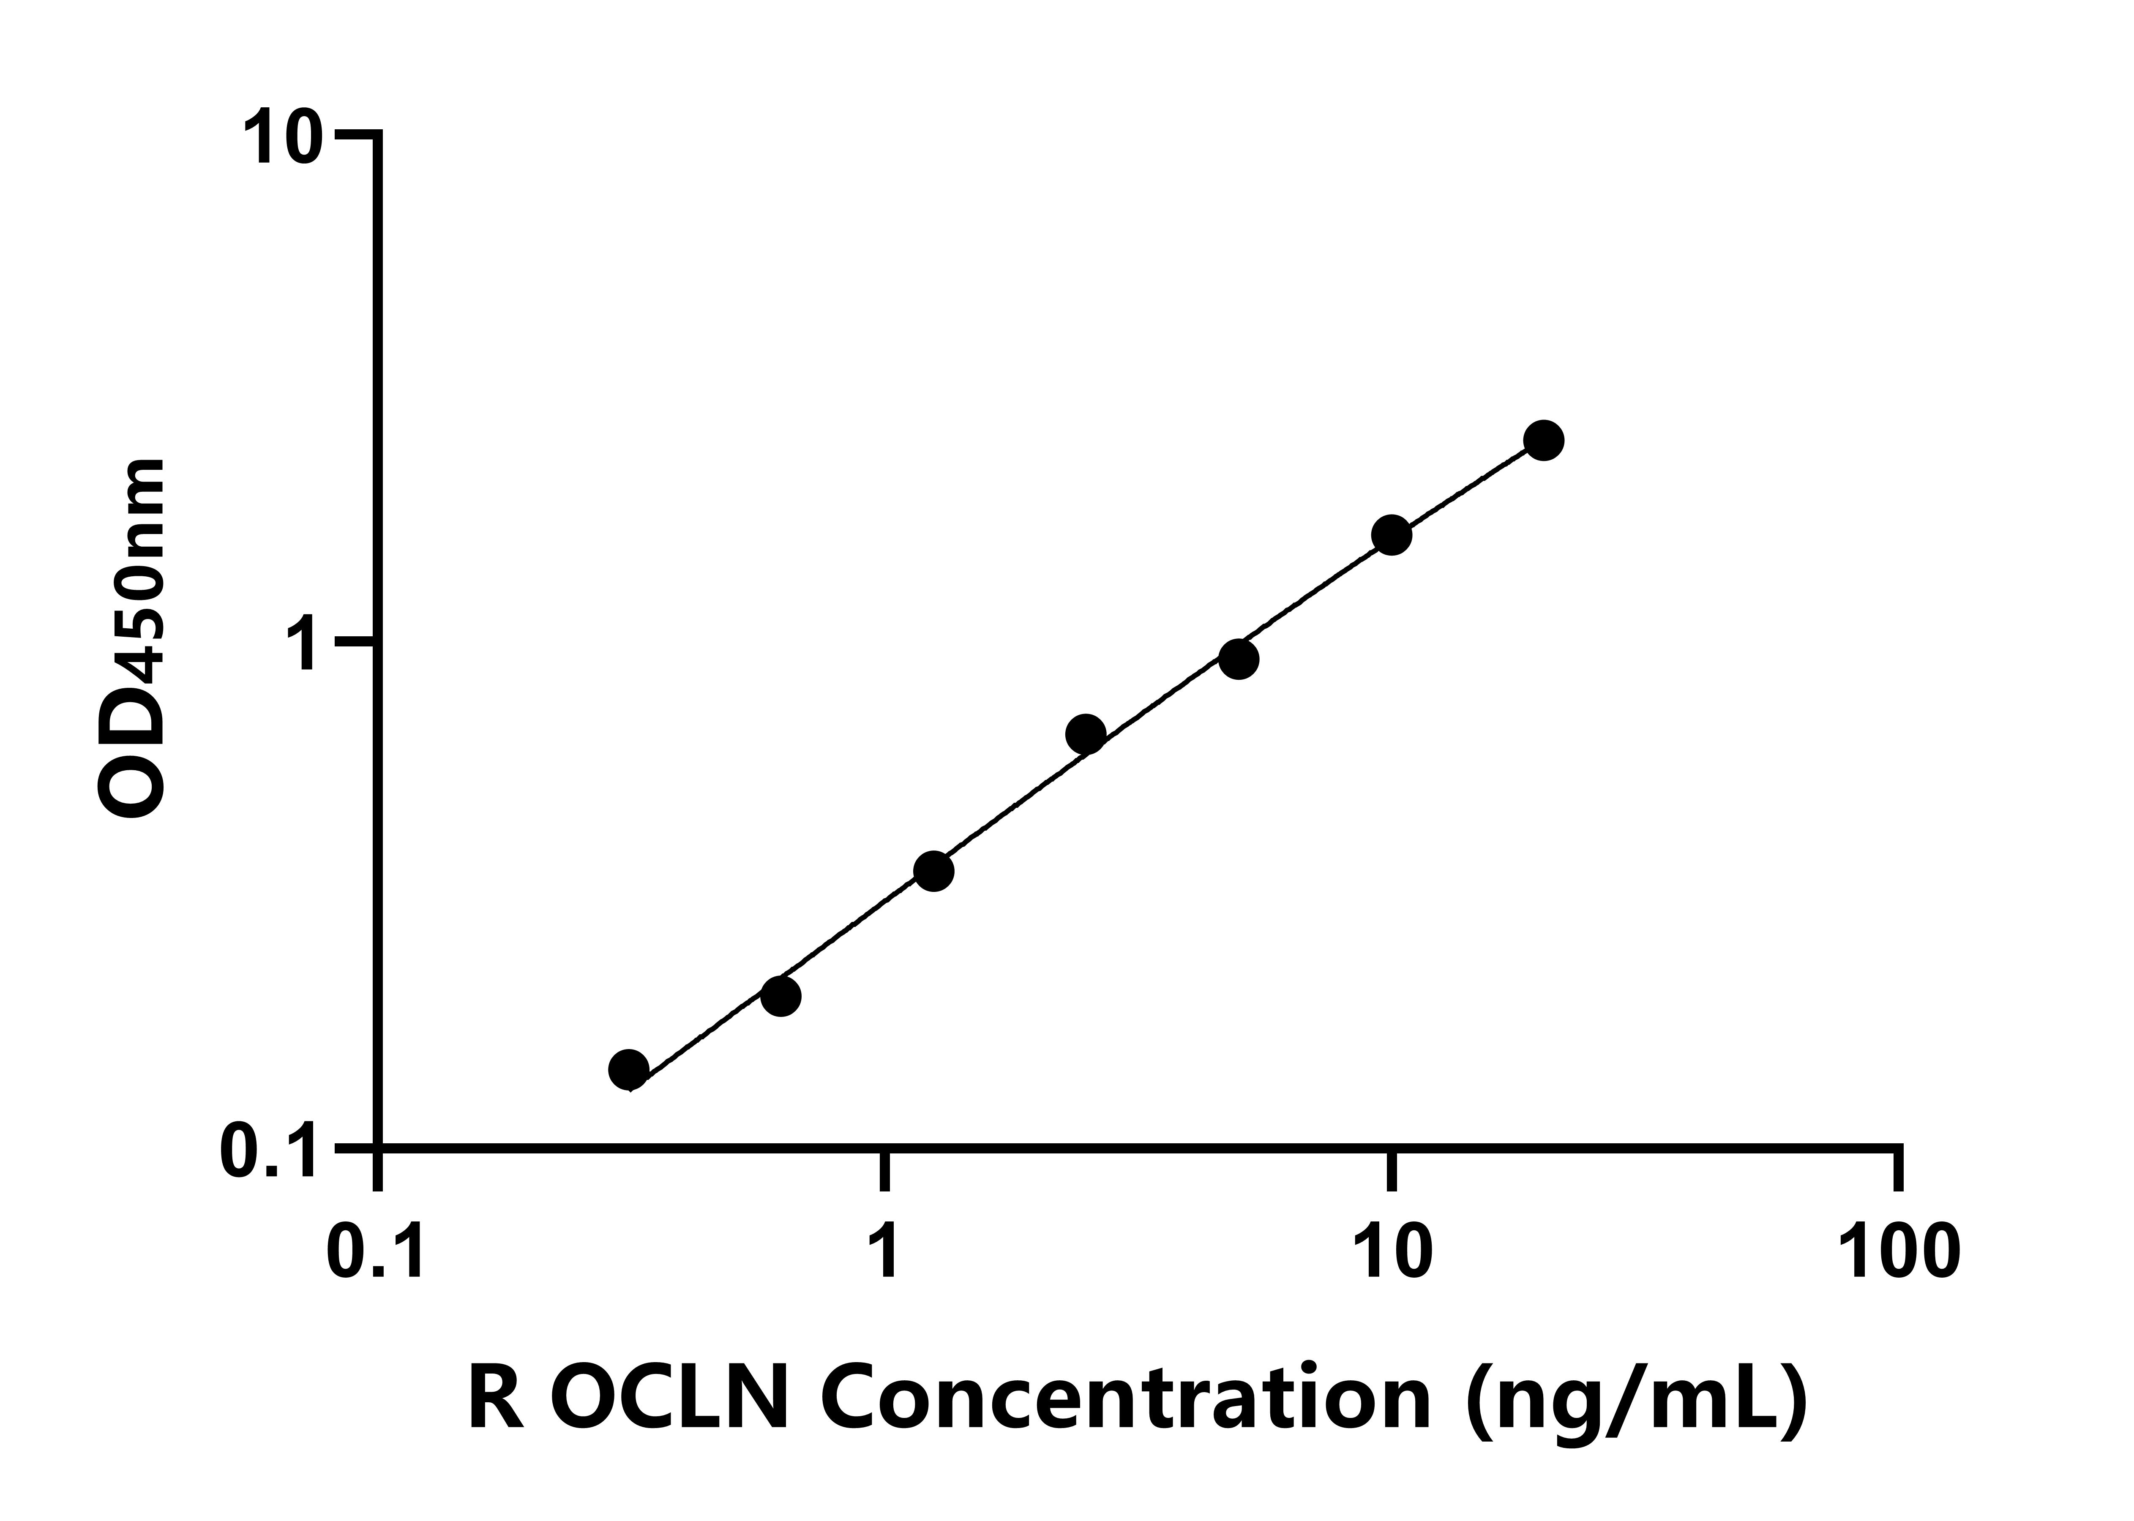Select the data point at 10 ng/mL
pyautogui.click(x=1392, y=535)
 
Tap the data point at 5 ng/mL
pyautogui.click(x=1239, y=660)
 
